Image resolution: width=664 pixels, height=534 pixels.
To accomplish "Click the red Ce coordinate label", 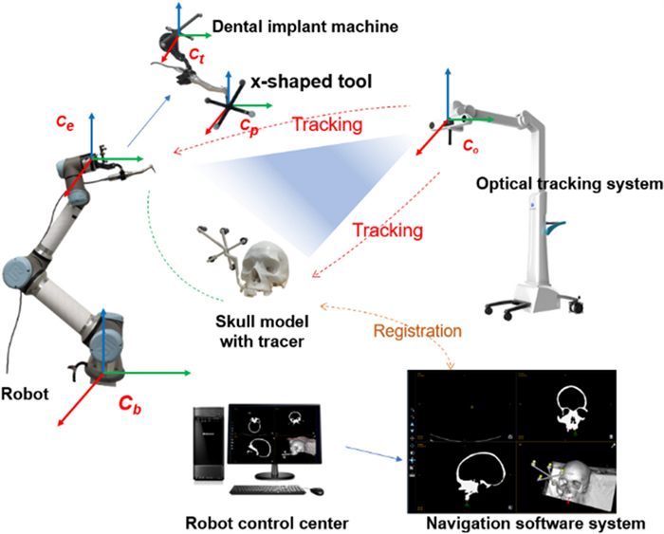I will click(x=63, y=124).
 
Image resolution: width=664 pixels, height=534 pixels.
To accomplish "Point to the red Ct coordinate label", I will click(x=196, y=58).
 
